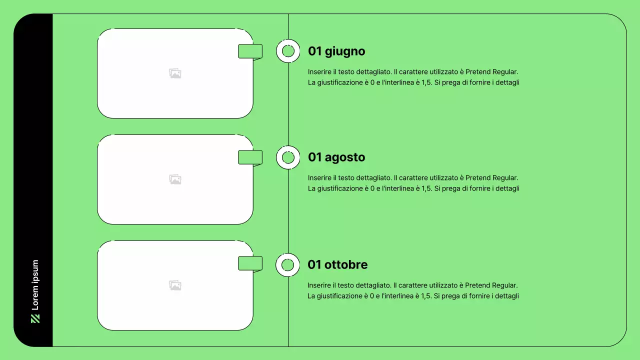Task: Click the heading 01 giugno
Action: (x=336, y=51)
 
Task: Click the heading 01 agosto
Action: (x=336, y=157)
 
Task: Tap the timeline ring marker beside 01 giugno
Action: (x=288, y=51)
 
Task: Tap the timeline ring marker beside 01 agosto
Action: (x=288, y=157)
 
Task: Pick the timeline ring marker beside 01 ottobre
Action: (x=287, y=265)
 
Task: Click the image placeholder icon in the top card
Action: (x=175, y=73)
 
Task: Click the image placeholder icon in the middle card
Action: (x=175, y=179)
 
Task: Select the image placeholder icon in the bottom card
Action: (x=175, y=285)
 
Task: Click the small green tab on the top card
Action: (x=250, y=51)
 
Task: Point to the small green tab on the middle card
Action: (x=250, y=157)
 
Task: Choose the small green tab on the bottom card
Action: (x=250, y=263)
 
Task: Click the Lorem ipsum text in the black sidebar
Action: (x=35, y=285)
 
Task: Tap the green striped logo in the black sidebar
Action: (x=35, y=318)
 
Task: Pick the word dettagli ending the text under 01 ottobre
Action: (x=507, y=296)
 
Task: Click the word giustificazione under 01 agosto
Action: (x=338, y=188)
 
